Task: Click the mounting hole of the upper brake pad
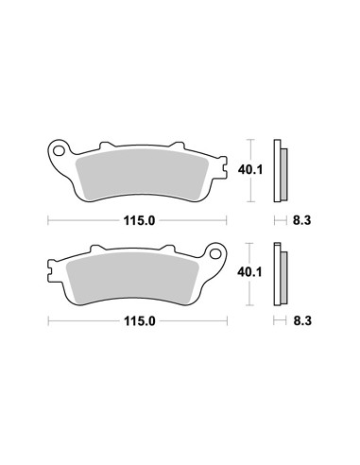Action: (59, 151)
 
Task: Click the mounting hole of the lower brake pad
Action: (215, 253)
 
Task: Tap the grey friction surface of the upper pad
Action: (142, 175)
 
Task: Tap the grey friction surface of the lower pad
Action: (132, 278)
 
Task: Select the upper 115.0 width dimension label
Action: (139, 221)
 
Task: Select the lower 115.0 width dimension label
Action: (139, 321)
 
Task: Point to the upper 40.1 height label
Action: (250, 170)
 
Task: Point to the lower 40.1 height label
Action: (249, 272)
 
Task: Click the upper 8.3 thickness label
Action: (301, 220)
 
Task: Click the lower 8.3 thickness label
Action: (302, 321)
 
